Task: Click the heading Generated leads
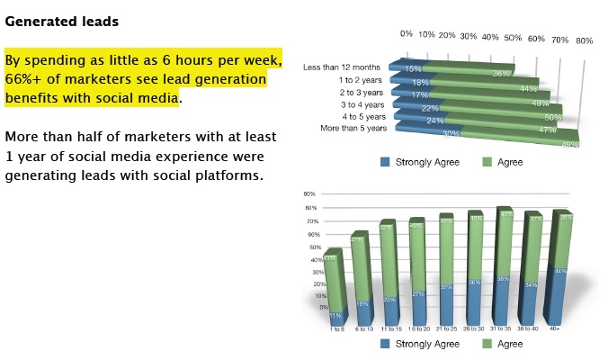tap(61, 20)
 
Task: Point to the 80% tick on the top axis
tap(584, 40)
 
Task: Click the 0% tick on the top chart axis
tap(406, 33)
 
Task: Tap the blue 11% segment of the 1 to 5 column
tap(335, 314)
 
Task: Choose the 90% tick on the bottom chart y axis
tap(308, 193)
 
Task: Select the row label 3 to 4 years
tap(362, 104)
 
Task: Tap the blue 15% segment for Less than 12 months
tap(409, 68)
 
